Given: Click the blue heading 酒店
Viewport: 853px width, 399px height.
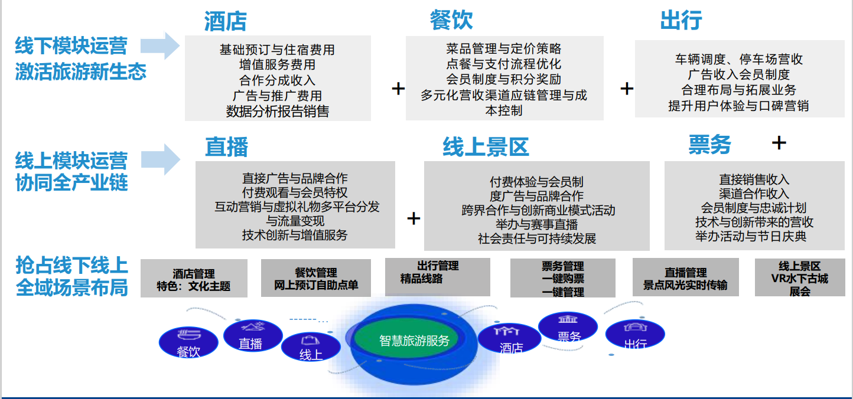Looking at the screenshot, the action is (x=226, y=21).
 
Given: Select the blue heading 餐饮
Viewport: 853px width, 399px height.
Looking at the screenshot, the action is (x=451, y=20).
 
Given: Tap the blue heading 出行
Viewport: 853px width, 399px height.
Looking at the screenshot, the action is (x=681, y=20).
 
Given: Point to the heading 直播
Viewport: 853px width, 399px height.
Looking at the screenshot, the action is (x=227, y=147).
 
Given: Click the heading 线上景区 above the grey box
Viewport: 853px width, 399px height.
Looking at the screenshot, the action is (x=486, y=147).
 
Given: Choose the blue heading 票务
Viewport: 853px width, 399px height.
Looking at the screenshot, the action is (x=710, y=145).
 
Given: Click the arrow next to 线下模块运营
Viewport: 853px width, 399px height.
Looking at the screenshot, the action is (x=160, y=45).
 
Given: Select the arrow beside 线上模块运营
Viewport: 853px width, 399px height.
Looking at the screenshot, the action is (x=160, y=159).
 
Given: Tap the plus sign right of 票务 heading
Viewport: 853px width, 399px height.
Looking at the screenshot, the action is (x=779, y=143).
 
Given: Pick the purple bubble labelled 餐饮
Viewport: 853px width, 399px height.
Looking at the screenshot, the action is (x=188, y=342).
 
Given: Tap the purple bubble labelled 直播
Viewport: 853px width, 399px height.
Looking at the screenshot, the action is (x=253, y=335).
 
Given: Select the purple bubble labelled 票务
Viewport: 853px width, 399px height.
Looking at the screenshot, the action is (x=568, y=326).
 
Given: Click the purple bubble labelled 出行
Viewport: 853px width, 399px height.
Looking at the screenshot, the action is (x=635, y=334).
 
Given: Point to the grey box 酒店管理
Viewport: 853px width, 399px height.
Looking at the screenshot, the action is (x=194, y=278).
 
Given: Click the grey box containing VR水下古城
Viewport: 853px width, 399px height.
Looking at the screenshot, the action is (x=800, y=277).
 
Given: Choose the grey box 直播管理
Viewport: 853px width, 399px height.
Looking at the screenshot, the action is (x=685, y=277).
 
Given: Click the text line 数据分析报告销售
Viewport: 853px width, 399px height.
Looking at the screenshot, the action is (x=278, y=111).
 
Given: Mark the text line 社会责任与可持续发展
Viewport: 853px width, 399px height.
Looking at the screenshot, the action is (x=536, y=238).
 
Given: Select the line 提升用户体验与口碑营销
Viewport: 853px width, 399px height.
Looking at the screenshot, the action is (x=738, y=106).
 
